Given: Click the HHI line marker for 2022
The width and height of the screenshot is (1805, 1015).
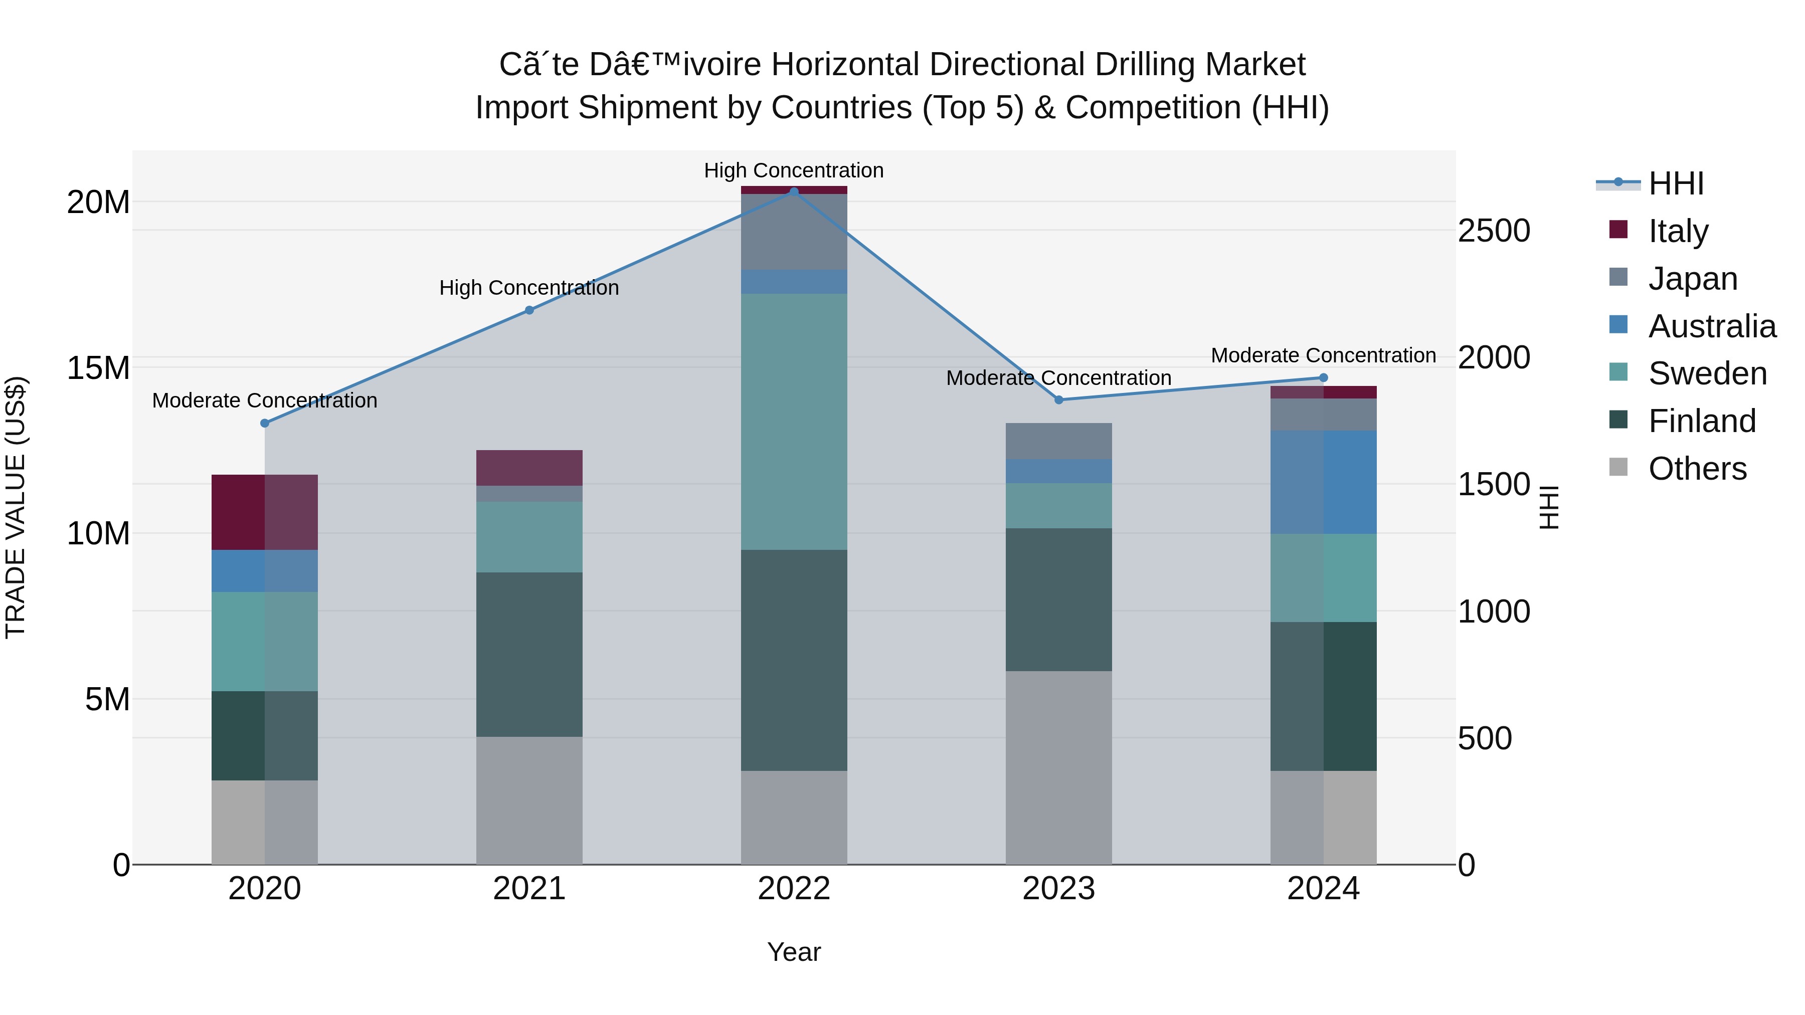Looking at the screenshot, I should pos(794,191).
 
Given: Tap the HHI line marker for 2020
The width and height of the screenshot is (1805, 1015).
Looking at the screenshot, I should pos(265,423).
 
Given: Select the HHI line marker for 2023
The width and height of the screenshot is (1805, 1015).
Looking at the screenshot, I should pos(1059,400).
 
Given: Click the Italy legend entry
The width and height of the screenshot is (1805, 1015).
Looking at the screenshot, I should pos(1678,231).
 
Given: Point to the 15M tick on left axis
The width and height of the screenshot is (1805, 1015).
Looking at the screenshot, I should pos(98,368).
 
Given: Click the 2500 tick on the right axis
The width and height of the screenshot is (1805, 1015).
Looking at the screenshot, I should pos(1494,231).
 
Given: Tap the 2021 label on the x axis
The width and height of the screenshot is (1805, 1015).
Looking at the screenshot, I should pos(529,889).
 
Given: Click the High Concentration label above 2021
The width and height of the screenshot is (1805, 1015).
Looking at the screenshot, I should pos(529,288).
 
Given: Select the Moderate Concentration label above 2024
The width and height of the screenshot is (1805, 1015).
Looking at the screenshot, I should pos(1323,355).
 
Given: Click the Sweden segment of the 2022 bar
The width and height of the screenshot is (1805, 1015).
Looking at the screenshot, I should pos(794,422).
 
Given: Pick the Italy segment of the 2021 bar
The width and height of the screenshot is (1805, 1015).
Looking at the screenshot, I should pos(529,468).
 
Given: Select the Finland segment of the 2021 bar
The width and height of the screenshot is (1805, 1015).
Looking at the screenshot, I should pos(529,654).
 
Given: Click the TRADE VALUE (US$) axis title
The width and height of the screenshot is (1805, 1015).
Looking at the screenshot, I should pos(16,507).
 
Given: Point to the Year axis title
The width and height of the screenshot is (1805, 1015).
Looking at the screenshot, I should pos(794,952).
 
